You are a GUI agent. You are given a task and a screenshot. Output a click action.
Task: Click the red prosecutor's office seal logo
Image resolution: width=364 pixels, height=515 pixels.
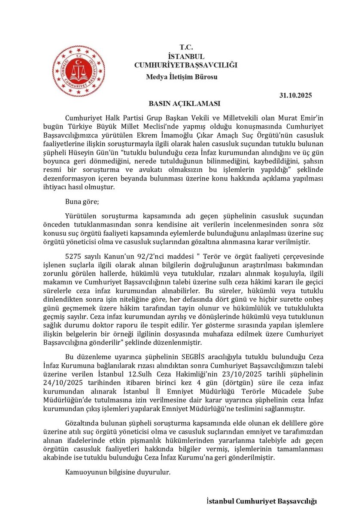click(x=78, y=71)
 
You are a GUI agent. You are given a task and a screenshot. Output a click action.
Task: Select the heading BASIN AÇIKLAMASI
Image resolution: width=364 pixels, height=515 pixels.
click(x=184, y=104)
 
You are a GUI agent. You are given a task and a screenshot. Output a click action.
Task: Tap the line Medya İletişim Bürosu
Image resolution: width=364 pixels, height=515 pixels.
click(x=182, y=77)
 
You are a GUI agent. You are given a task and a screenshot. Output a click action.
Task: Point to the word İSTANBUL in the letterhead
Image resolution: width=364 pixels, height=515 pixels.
click(x=186, y=56)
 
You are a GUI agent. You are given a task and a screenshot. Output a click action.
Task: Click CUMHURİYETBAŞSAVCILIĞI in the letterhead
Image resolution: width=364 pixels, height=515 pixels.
click(x=186, y=65)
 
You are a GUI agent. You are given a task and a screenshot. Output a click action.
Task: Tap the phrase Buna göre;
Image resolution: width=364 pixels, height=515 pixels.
click(x=81, y=200)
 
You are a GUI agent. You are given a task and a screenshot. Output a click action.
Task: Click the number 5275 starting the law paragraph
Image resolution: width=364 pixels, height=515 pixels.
click(x=73, y=256)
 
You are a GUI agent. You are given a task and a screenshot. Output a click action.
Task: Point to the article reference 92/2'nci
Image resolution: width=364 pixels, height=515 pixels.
click(x=140, y=256)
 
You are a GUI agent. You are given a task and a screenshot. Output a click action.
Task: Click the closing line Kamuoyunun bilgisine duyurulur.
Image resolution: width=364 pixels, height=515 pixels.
click(x=118, y=473)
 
